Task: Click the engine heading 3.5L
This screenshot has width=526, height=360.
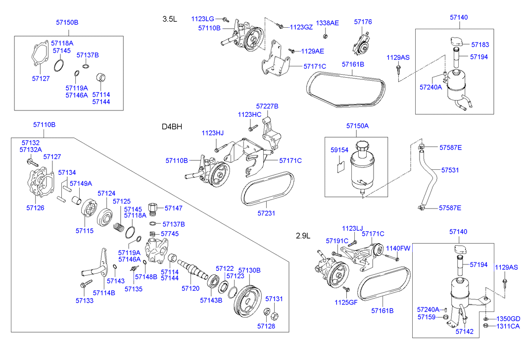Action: [169, 19]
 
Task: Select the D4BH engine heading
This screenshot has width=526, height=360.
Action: [172, 126]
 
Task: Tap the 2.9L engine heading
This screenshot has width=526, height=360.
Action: [303, 235]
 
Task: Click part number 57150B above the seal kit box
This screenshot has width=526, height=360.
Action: [67, 23]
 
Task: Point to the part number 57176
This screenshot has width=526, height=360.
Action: [363, 22]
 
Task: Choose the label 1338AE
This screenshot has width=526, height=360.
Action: [328, 23]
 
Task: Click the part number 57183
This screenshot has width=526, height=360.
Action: [479, 45]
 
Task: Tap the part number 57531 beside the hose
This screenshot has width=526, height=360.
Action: [450, 170]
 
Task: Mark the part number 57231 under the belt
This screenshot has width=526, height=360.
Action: [267, 213]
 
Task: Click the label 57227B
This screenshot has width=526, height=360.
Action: [267, 106]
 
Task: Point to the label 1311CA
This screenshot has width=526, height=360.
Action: [508, 326]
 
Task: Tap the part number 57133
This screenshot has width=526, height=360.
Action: [85, 300]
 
